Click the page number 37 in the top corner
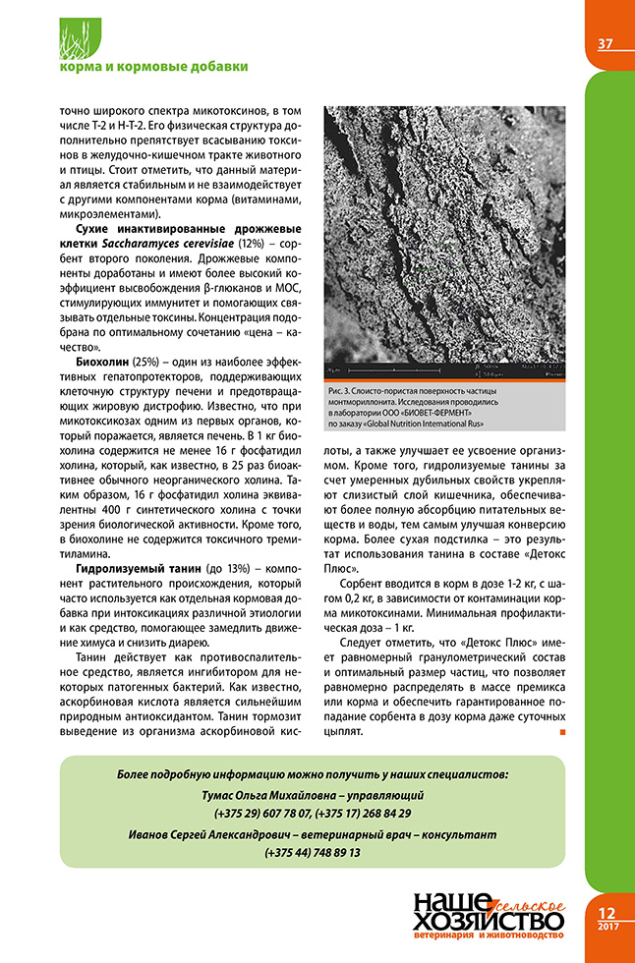[x=606, y=44]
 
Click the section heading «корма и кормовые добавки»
[x=153, y=67]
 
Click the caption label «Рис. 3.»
[x=346, y=393]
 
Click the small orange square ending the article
[x=563, y=732]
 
